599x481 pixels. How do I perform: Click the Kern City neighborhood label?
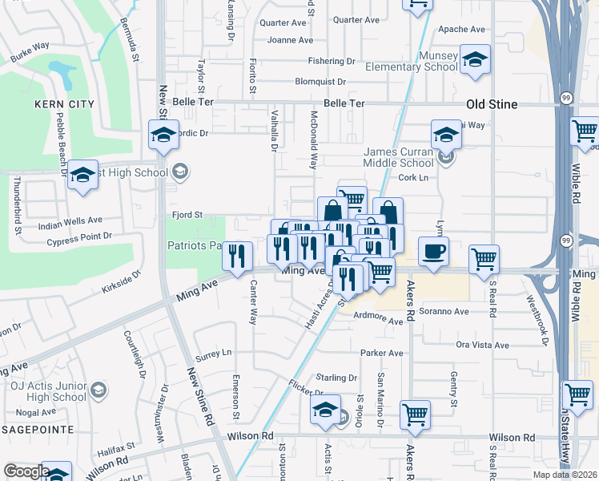pos(64,104)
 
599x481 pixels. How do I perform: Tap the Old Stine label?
pos(492,104)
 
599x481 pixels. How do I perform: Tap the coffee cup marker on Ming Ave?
pos(433,252)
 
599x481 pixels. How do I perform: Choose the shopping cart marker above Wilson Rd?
pos(416,414)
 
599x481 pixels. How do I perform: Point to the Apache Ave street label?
pos(462,29)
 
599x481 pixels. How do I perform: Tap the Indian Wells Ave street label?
pos(70,220)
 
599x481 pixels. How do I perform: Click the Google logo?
pos(26,471)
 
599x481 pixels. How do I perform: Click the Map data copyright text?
pos(565,475)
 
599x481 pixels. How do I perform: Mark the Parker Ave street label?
pos(382,353)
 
